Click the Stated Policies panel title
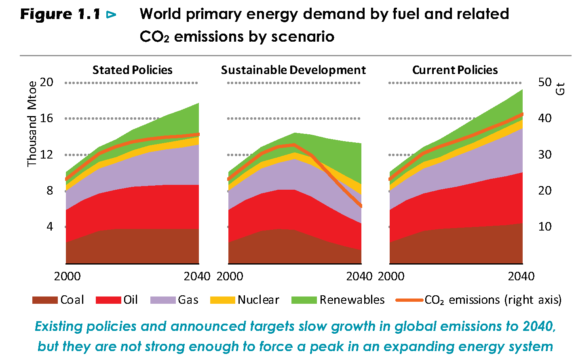[x=132, y=70]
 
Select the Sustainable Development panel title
[x=293, y=70]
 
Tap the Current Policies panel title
[x=455, y=70]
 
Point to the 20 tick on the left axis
[x=46, y=82]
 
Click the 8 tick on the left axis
[x=50, y=191]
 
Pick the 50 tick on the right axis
[x=545, y=82]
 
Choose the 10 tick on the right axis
[x=545, y=227]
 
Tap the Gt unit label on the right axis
[x=560, y=89]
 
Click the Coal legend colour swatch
[x=45, y=300]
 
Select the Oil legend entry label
[x=131, y=300]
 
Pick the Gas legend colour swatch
[x=163, y=300]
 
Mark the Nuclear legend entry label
[x=258, y=300]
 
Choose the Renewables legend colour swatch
[x=304, y=300]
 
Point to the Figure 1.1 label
[x=60, y=15]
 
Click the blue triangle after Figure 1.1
[x=111, y=15]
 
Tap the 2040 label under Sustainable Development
[x=359, y=276]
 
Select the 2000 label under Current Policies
[x=391, y=276]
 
